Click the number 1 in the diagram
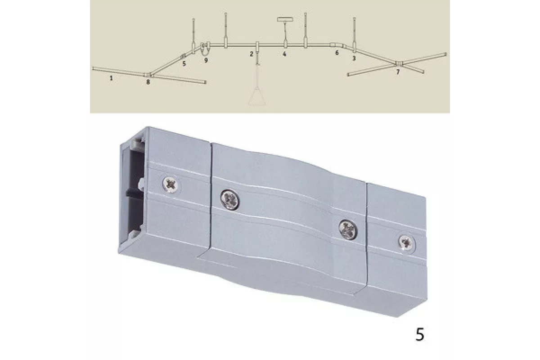111,78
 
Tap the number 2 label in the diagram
252,54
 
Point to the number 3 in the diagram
354,58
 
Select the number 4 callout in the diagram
284,54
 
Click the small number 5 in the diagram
184,63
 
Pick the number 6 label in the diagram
337,53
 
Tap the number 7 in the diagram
398,72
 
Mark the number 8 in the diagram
148,82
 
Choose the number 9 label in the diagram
206,60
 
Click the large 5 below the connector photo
420,334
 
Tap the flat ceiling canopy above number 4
285,19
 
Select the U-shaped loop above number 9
205,49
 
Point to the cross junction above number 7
399,63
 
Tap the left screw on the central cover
230,199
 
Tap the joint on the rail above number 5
183,56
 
